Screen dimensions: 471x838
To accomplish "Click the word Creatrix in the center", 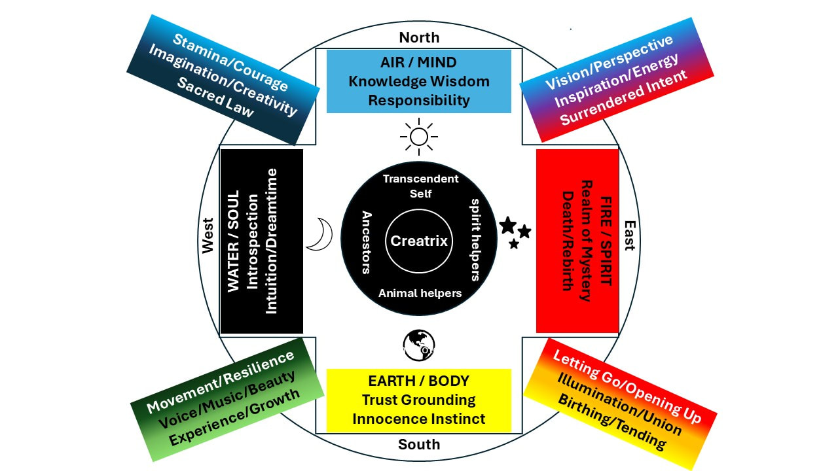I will coord(419,241).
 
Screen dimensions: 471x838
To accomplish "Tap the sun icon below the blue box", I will coord(419,137).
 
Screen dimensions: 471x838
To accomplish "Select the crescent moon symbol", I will coord(321,234).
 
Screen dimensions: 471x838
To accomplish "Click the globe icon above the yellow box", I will coord(419,345).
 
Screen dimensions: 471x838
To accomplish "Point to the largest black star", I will coord(507,226).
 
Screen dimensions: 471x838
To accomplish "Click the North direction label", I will coord(419,37).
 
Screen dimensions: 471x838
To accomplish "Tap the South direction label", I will coord(419,445).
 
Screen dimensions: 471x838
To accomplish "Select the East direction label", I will coord(629,235).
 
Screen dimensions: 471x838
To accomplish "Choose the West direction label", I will coord(208,235).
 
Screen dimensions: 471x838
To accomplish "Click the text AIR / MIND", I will coord(419,63).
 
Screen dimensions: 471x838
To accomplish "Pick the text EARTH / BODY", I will coord(419,381).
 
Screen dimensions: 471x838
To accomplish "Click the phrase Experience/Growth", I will coord(236,417).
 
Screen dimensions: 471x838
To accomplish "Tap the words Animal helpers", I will coord(420,293).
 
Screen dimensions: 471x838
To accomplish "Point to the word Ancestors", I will coord(367,241).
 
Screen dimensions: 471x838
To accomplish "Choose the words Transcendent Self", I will coord(420,186).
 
